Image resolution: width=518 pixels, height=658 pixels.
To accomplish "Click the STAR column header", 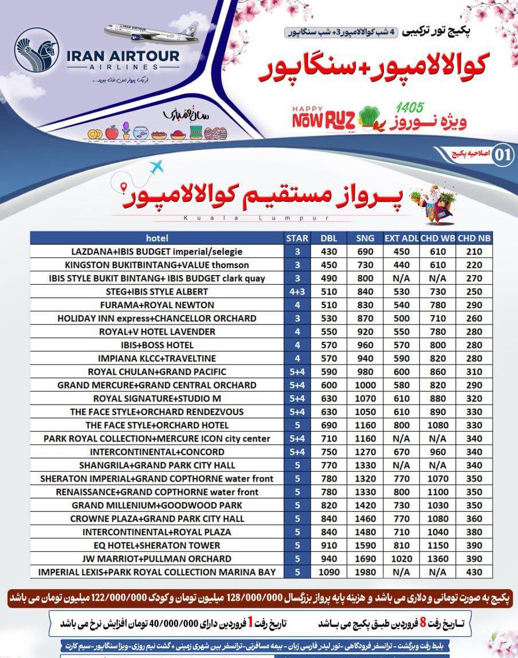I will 297,238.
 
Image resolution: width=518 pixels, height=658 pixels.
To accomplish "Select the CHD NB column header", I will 474,238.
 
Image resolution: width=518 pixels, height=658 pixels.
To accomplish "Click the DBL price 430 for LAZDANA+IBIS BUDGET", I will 329,252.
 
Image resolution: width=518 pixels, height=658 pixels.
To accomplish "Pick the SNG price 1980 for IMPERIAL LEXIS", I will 365,572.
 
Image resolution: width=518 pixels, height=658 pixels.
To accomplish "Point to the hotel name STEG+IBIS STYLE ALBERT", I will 157,292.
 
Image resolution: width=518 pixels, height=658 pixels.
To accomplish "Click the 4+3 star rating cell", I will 297,292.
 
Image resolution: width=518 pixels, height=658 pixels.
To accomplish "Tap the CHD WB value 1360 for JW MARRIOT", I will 438,559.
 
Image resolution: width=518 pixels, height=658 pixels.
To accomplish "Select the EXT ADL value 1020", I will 402,559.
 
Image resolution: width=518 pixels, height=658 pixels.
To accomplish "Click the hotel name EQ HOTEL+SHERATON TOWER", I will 157,546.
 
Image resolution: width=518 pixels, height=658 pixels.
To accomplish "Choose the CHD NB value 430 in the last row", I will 474,572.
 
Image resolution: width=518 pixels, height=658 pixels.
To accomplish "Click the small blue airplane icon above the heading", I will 156,167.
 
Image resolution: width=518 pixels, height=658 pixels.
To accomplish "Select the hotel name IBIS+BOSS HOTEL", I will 157,345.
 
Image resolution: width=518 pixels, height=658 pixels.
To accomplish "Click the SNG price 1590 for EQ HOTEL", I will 365,546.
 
